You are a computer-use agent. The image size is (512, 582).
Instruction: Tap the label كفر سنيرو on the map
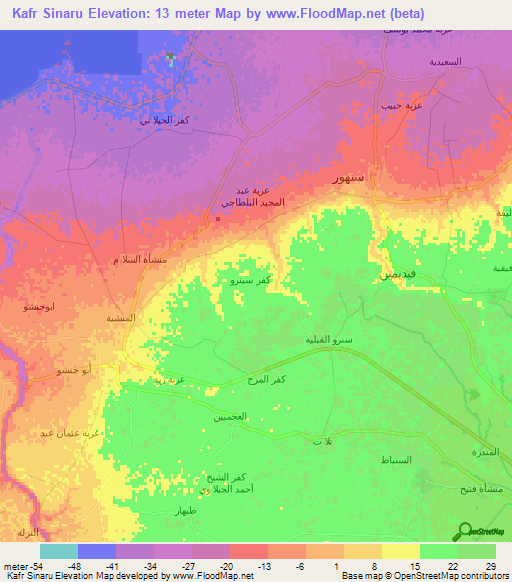[251, 283]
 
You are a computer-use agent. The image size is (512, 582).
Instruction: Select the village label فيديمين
[388, 272]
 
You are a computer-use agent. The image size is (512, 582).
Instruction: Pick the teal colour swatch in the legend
[59, 551]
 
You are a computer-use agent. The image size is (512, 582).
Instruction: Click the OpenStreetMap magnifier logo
[466, 530]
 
